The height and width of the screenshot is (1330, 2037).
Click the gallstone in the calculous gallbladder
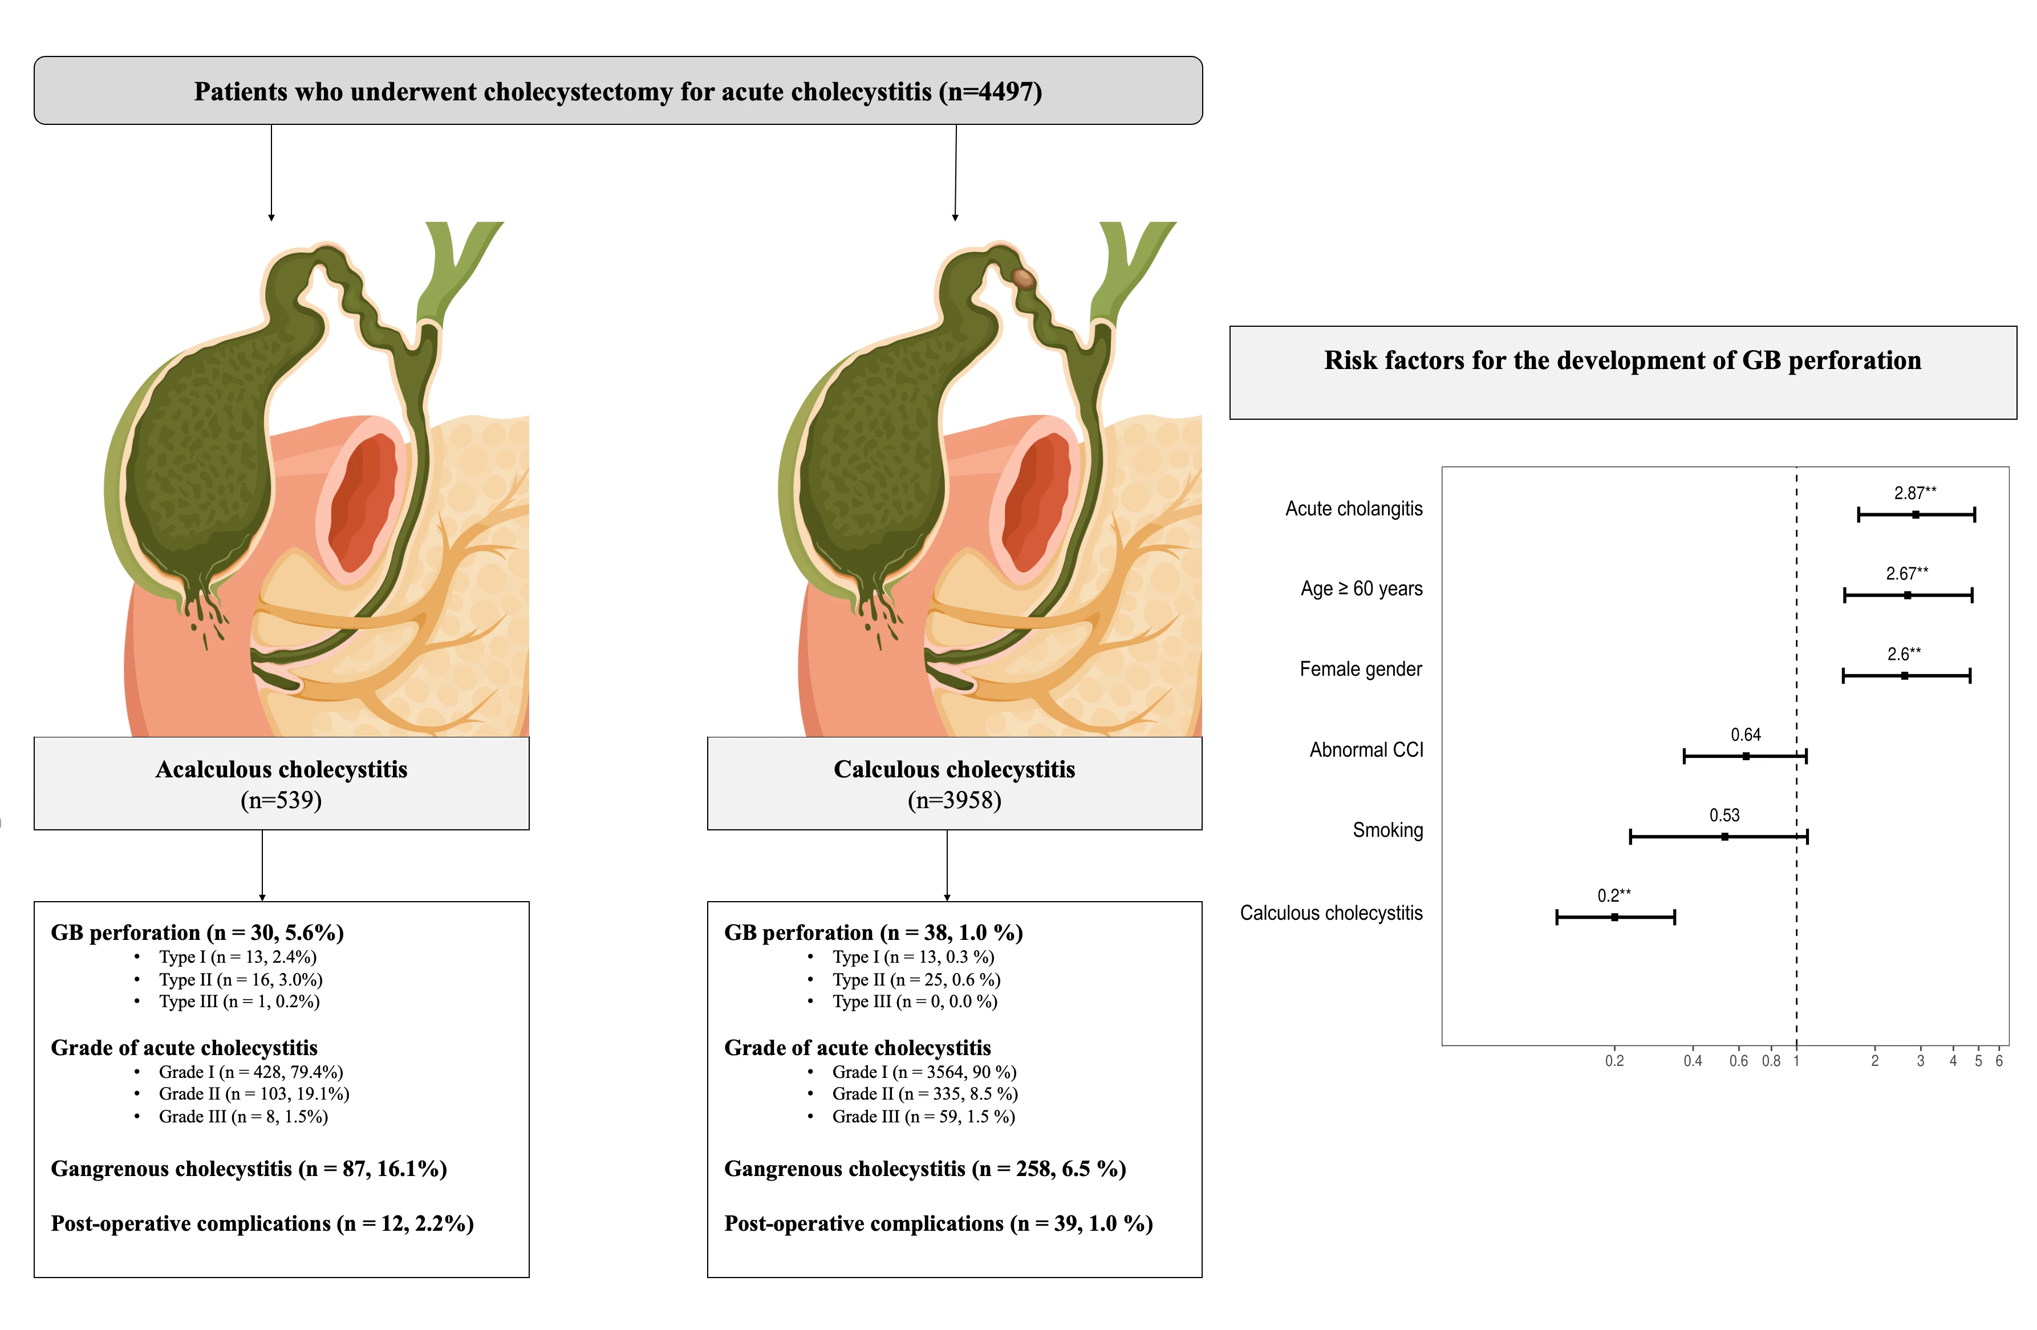click(1024, 277)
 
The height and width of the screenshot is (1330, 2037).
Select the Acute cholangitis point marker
click(1916, 514)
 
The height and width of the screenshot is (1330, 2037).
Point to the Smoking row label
click(1387, 830)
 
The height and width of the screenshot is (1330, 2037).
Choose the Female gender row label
click(1361, 670)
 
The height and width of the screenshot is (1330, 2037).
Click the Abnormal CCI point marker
click(1746, 756)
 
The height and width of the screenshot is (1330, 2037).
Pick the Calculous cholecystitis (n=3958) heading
click(954, 784)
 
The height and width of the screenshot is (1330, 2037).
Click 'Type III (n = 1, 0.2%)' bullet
click(239, 1001)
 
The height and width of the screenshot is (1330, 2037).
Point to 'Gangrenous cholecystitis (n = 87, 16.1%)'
click(249, 1169)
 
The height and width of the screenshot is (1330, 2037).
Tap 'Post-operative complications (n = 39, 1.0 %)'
click(939, 1224)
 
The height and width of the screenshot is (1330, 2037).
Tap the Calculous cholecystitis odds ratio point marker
click(1614, 917)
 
